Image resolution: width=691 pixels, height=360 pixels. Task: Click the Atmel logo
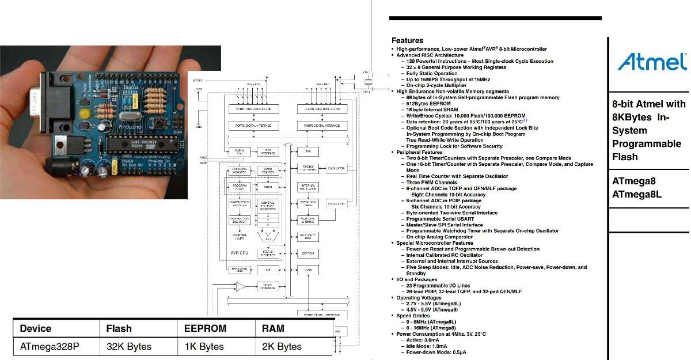(652, 62)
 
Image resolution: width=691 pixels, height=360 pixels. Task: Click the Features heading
(407, 41)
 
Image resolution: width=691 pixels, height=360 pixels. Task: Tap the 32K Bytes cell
(128, 346)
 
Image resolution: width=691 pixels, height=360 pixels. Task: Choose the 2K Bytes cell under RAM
(282, 346)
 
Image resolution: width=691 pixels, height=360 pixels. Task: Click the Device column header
(35, 328)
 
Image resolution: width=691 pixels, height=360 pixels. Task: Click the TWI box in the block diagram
(305, 151)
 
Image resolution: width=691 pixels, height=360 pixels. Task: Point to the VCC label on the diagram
(199, 90)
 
